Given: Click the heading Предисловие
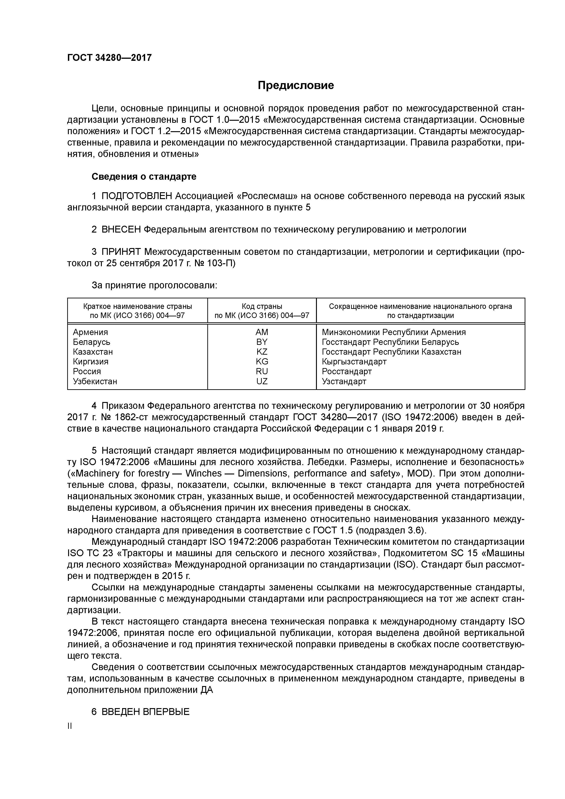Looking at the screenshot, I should (x=295, y=85).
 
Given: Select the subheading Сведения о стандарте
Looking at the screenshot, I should (x=144, y=177).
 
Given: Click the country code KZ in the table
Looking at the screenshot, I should (x=262, y=352).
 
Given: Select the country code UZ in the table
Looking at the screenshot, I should (x=262, y=382).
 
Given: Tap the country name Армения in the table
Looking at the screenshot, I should (x=90, y=332).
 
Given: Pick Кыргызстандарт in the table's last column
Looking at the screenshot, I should (x=354, y=361).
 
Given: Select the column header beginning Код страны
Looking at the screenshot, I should (x=262, y=311).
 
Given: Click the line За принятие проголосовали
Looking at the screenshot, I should (x=154, y=285).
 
